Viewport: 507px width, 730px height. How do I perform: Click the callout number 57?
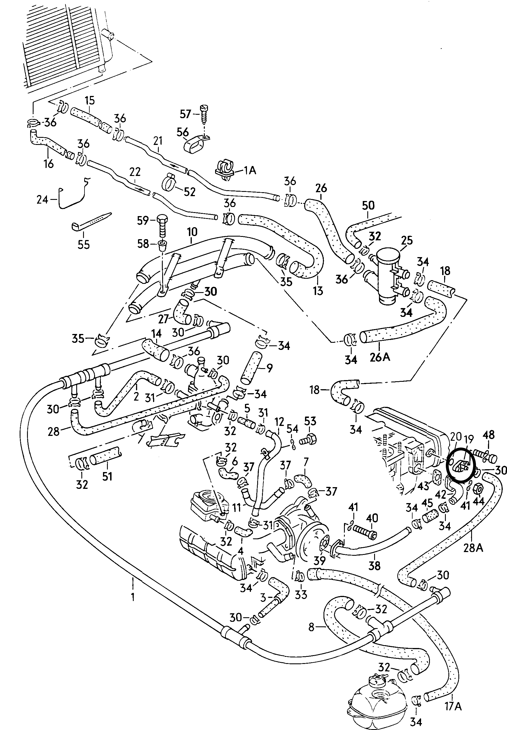(x=186, y=114)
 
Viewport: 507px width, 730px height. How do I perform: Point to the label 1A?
(x=250, y=170)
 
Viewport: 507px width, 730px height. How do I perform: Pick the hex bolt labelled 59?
(x=162, y=226)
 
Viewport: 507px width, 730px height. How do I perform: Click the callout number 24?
(x=42, y=200)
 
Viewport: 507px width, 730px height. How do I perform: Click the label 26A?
(x=380, y=357)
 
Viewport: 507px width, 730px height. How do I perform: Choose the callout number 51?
(x=107, y=476)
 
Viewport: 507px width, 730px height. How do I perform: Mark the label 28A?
(x=473, y=547)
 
